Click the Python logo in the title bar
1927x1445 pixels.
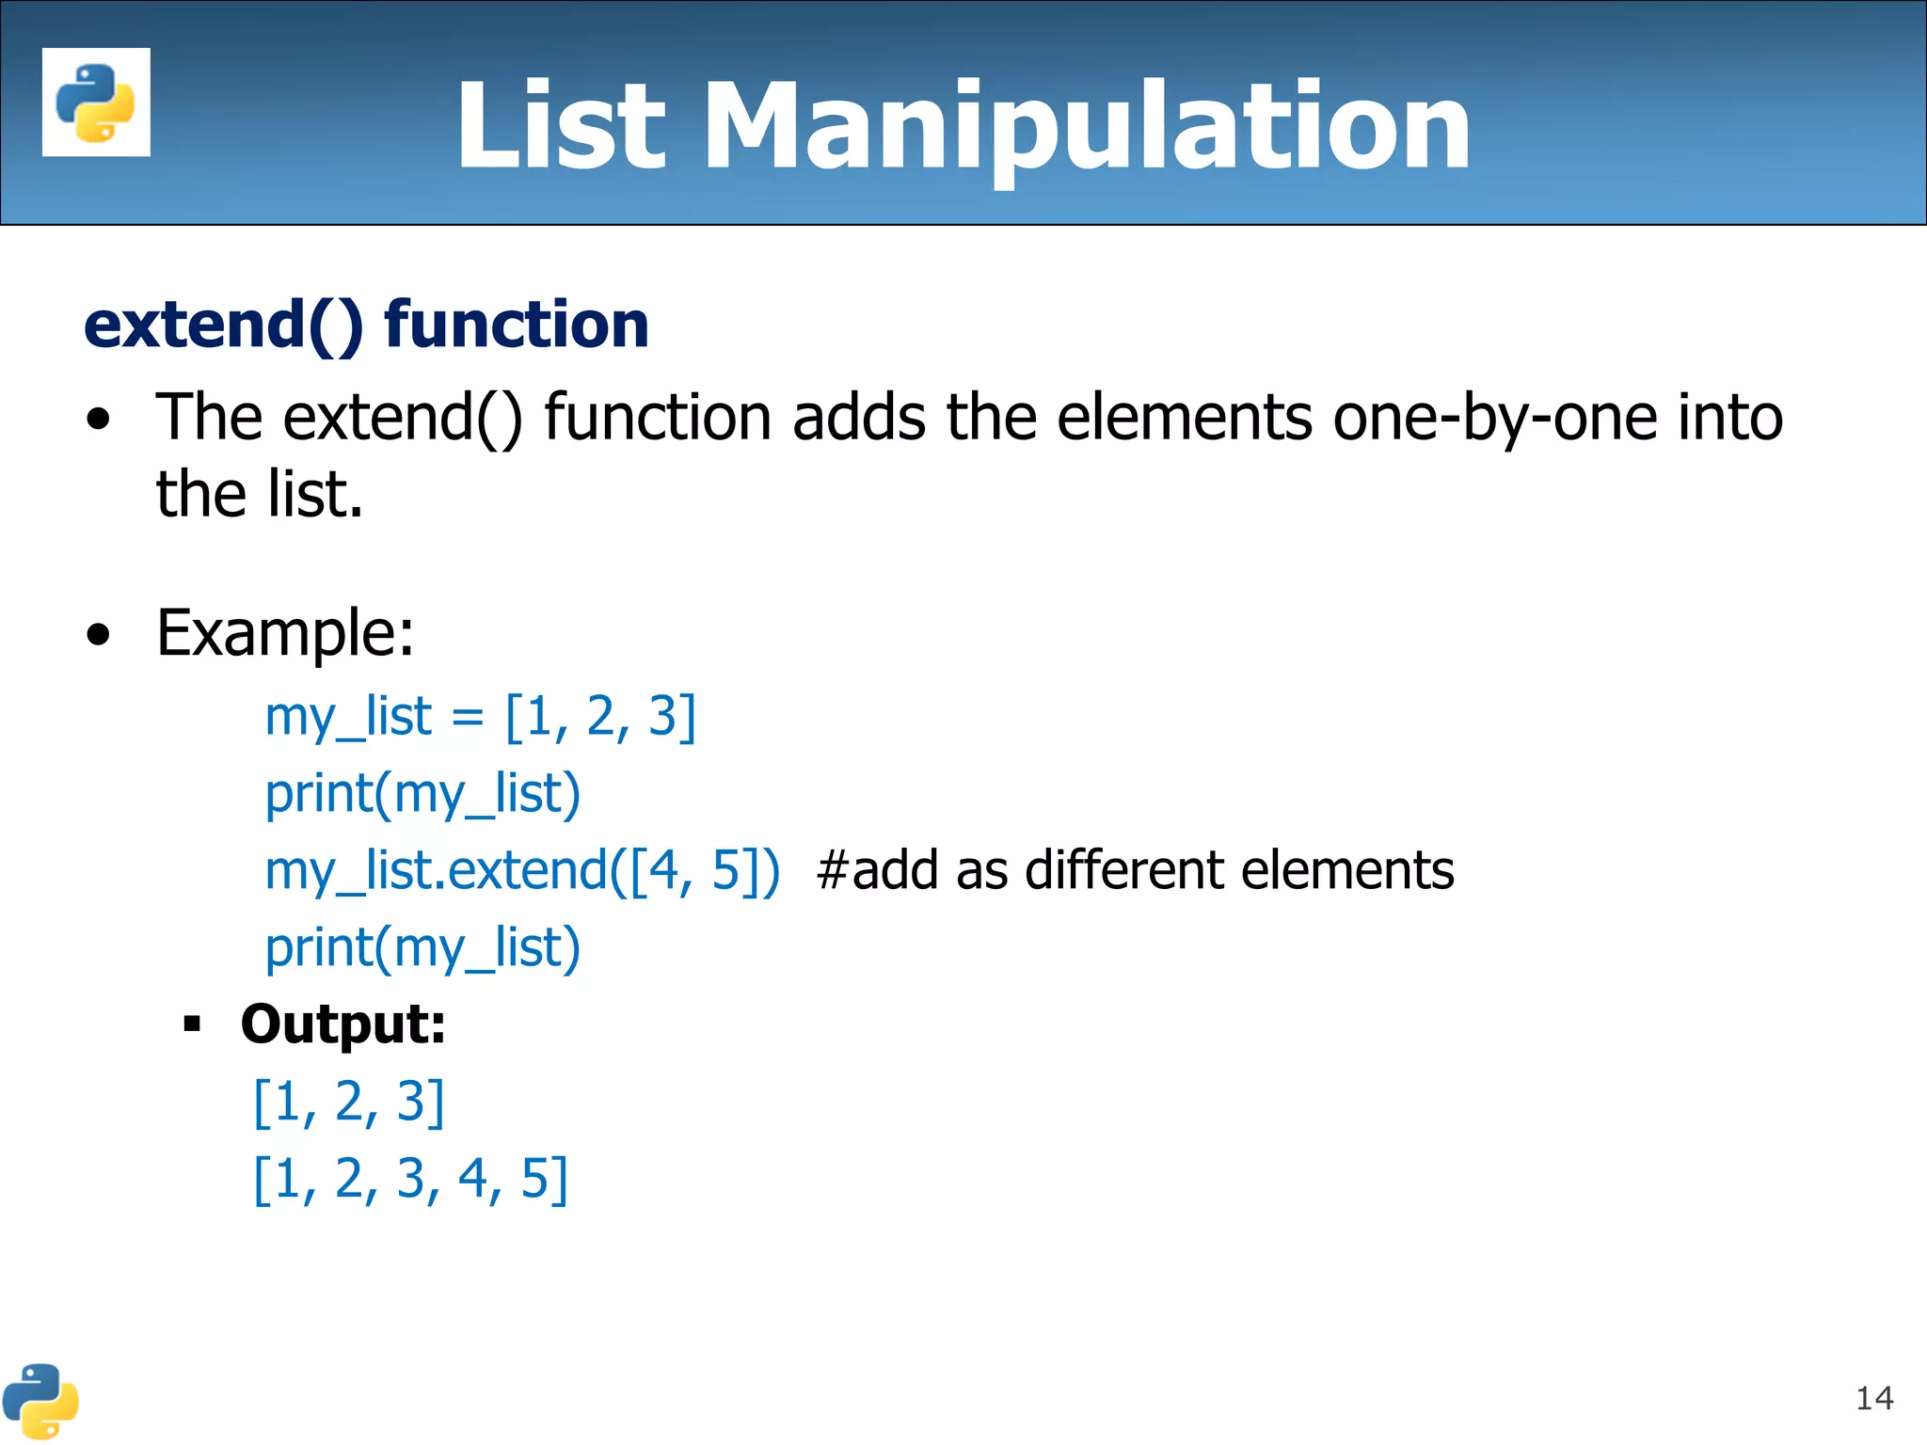click(x=96, y=102)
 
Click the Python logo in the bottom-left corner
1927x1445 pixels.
click(x=40, y=1401)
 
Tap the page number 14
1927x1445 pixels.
click(x=1873, y=1398)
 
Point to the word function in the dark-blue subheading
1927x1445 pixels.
click(x=517, y=325)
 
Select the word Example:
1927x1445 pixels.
click(x=285, y=633)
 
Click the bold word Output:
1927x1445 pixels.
click(x=343, y=1024)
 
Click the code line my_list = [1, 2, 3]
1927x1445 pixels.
click(x=480, y=717)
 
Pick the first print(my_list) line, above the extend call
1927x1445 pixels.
click(x=422, y=794)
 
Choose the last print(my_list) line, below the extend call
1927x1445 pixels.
click(x=422, y=948)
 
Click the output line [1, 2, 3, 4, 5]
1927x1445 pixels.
click(x=411, y=1179)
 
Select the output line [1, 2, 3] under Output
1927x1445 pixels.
click(x=349, y=1102)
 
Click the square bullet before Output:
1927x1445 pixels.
click(x=193, y=1024)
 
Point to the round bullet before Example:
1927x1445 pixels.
click(x=98, y=635)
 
